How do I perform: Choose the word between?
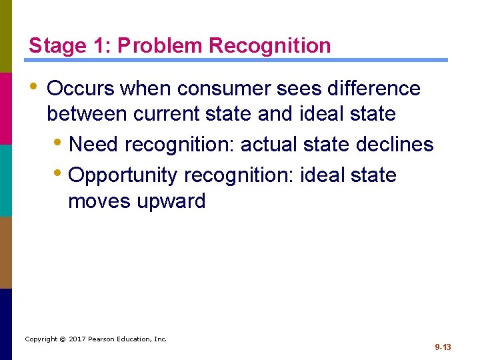click(87, 114)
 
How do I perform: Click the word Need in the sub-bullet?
click(93, 144)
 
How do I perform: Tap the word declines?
click(398, 144)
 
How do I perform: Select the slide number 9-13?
click(443, 347)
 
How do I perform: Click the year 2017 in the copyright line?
click(79, 339)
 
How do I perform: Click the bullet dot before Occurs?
click(33, 87)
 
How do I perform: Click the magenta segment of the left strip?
click(5, 108)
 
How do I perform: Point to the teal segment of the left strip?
click(5, 180)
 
